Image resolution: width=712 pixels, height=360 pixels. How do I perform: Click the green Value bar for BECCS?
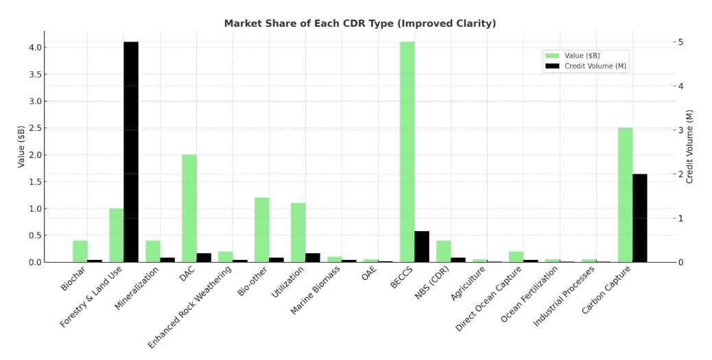pyautogui.click(x=407, y=152)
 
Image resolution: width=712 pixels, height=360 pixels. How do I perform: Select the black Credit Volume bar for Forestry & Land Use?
pyautogui.click(x=131, y=152)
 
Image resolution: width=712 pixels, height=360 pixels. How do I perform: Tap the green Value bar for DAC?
pyautogui.click(x=189, y=208)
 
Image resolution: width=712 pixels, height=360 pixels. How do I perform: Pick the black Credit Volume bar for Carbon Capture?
pyautogui.click(x=639, y=217)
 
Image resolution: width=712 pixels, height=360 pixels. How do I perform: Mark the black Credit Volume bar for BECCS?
pyautogui.click(x=422, y=246)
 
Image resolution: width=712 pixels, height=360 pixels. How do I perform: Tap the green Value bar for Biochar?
pyautogui.click(x=80, y=251)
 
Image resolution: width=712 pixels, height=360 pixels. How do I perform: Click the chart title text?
pyautogui.click(x=359, y=23)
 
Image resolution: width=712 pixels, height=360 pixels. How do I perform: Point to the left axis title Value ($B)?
pyautogui.click(x=21, y=146)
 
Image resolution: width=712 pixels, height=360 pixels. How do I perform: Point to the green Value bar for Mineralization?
pyautogui.click(x=153, y=251)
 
